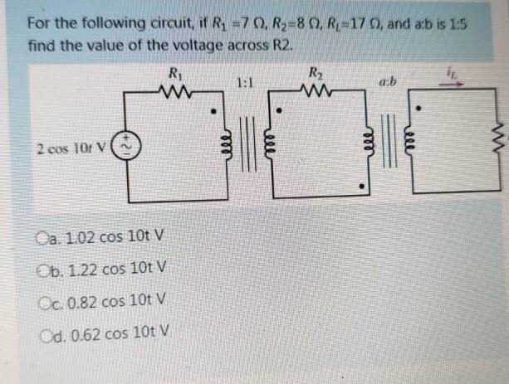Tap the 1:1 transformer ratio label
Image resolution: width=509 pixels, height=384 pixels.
244,83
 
